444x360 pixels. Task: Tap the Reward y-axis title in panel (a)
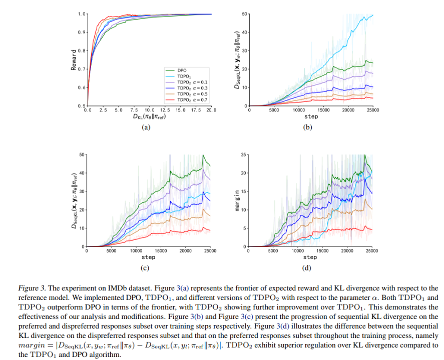coord(74,59)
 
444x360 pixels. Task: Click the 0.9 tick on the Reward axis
coord(82,32)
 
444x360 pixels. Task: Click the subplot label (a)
coord(146,127)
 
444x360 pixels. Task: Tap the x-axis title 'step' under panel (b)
coord(311,116)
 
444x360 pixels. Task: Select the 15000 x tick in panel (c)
coord(161,250)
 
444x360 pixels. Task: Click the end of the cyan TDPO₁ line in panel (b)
coord(373,15)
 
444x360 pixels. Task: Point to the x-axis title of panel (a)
coord(149,117)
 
